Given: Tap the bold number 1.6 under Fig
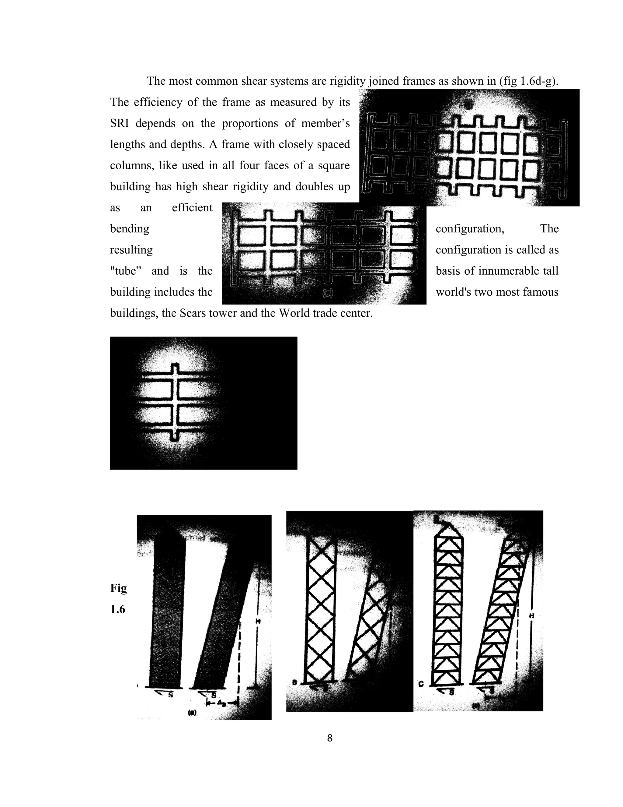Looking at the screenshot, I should click(x=117, y=609).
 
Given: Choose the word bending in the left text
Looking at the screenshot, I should click(x=130, y=229).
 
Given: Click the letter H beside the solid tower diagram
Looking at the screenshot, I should click(x=258, y=621).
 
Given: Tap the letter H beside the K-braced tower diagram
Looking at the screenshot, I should click(x=531, y=615).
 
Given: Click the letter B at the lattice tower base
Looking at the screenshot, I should click(x=294, y=682).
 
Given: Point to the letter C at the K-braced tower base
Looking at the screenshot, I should click(x=421, y=684).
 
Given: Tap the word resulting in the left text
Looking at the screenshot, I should click(x=131, y=250).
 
